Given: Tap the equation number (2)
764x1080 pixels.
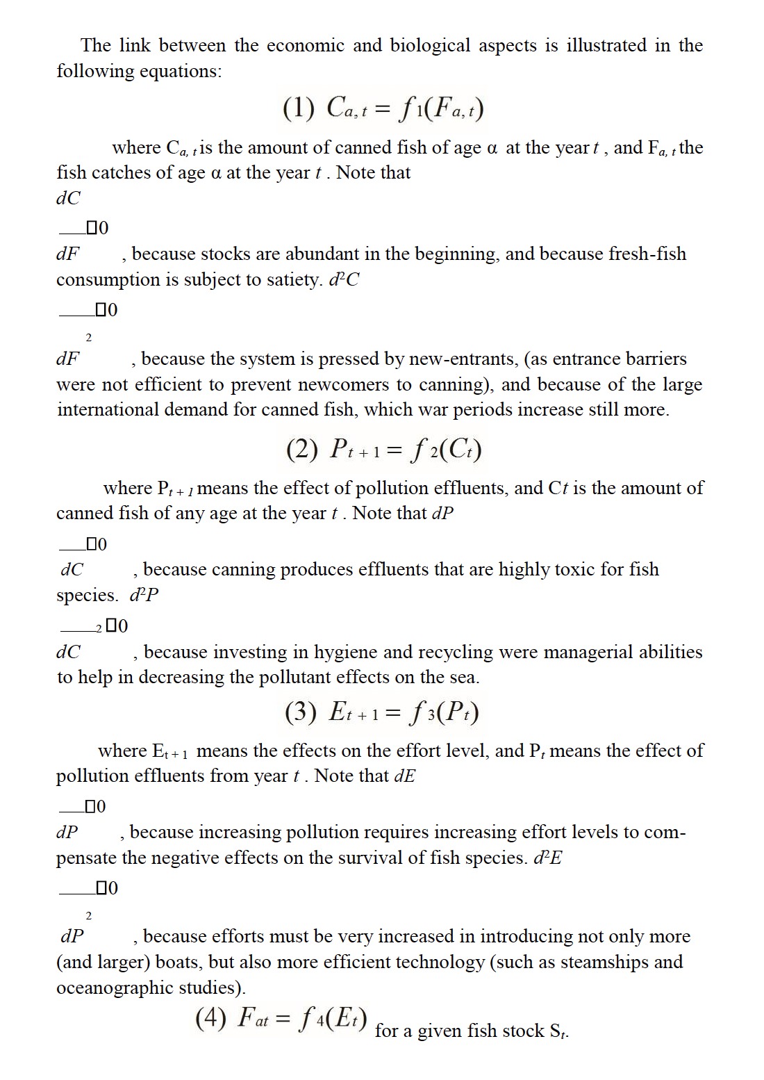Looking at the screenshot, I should (x=301, y=450).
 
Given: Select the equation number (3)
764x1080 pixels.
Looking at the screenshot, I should (x=300, y=712).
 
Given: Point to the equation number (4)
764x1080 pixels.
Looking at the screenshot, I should (x=211, y=1018).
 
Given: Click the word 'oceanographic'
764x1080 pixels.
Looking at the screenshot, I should (x=116, y=988).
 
